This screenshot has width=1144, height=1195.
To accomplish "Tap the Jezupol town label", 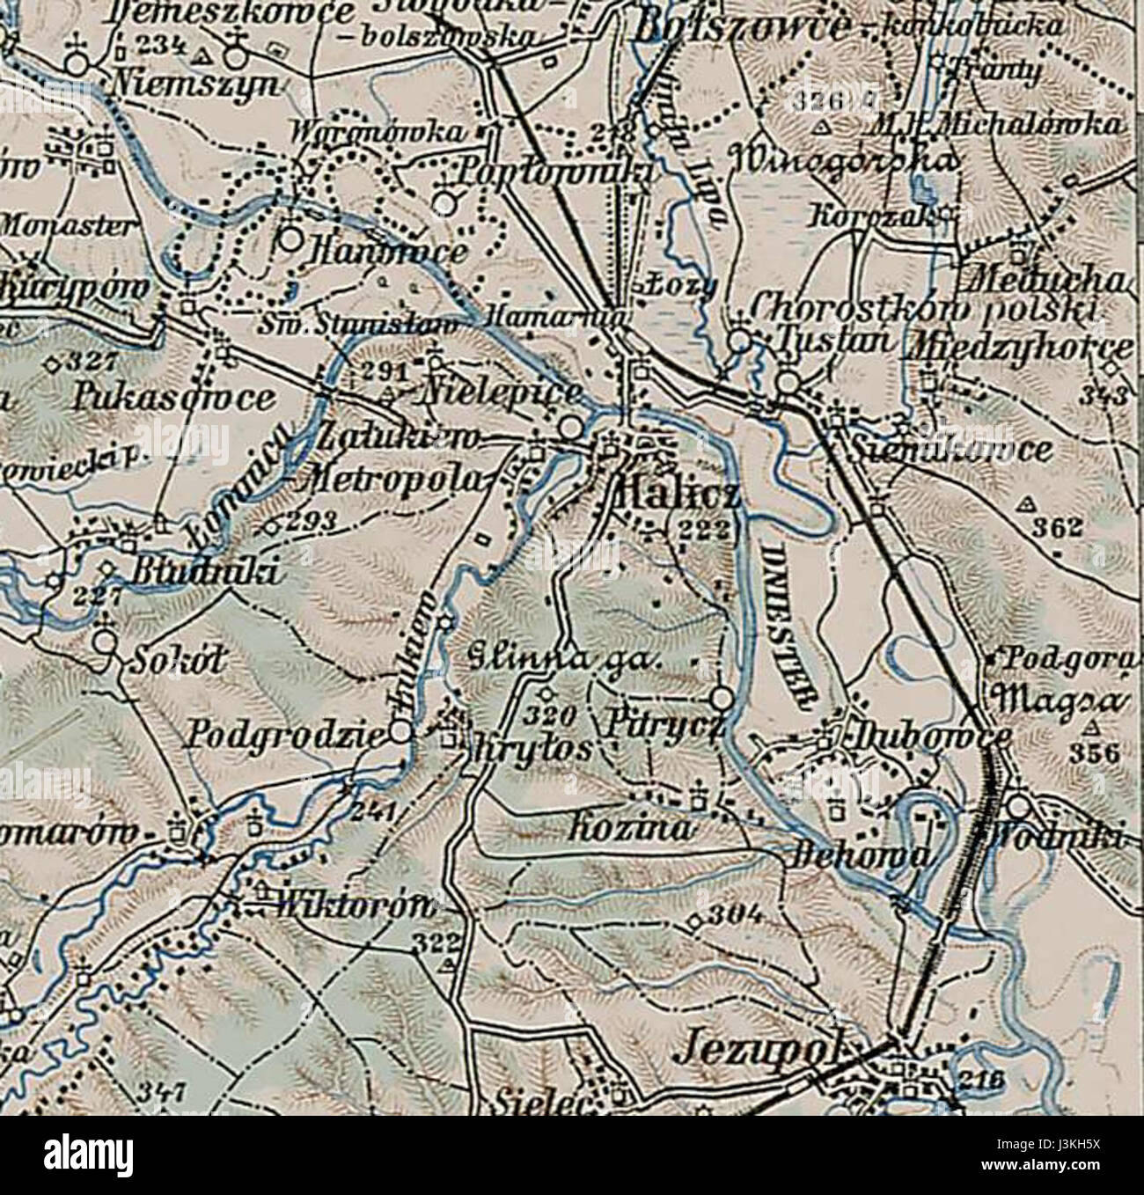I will [x=762, y=1050].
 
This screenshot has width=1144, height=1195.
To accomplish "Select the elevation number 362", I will [x=1056, y=527].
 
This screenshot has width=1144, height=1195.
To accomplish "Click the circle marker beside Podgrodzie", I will [x=400, y=732].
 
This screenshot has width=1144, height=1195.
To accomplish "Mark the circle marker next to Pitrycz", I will [x=722, y=699].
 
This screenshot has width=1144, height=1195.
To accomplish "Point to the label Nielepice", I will [x=502, y=392].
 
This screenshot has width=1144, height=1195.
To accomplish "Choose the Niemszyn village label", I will [x=196, y=84].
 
